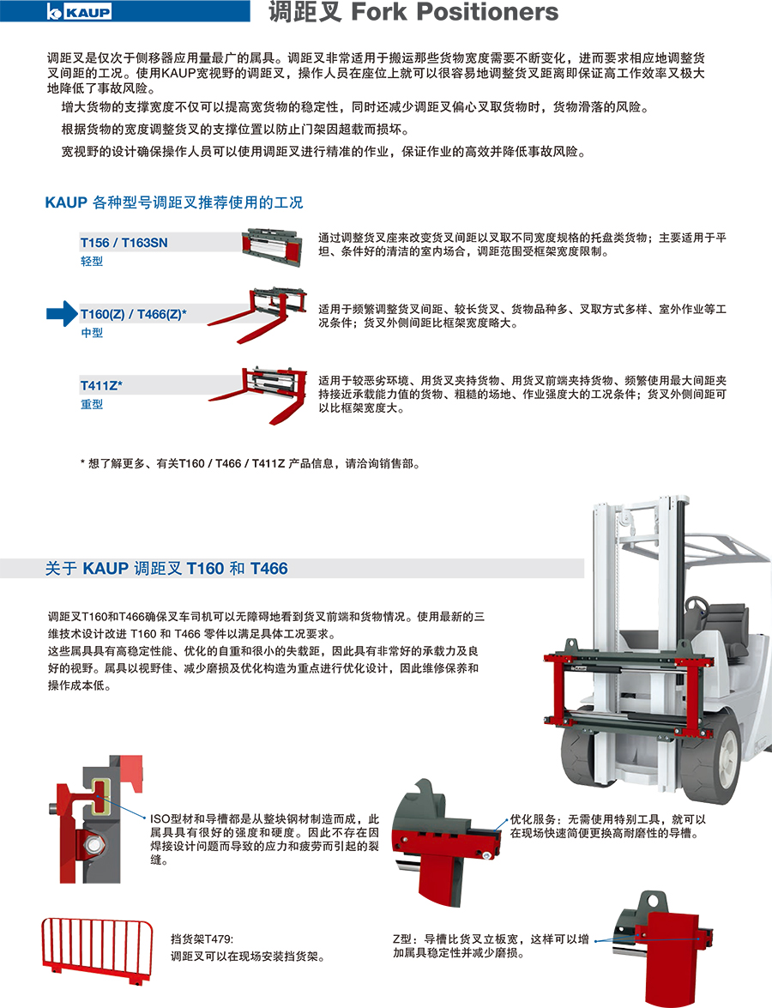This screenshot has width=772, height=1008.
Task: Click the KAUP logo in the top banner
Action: pyautogui.click(x=79, y=11)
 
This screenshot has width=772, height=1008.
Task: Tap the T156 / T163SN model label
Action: pyautogui.click(x=124, y=243)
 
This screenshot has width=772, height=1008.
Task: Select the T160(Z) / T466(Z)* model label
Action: pyautogui.click(x=133, y=314)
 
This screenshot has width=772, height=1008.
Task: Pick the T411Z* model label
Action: pyautogui.click(x=101, y=385)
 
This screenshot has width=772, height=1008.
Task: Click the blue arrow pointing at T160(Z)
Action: pyautogui.click(x=62, y=314)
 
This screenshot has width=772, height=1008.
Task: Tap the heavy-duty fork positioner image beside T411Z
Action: pyautogui.click(x=256, y=394)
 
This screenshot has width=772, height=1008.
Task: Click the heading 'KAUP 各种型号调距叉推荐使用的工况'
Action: pyautogui.click(x=173, y=202)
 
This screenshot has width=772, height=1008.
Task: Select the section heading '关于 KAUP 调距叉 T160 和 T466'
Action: pyautogui.click(x=166, y=568)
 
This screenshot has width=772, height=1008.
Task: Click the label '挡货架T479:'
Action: pyautogui.click(x=202, y=939)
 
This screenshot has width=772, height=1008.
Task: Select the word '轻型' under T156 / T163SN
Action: pyautogui.click(x=91, y=261)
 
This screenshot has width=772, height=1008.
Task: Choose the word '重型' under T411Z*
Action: pyautogui.click(x=91, y=404)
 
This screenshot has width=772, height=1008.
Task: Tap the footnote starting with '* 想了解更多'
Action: pyautogui.click(x=250, y=463)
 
